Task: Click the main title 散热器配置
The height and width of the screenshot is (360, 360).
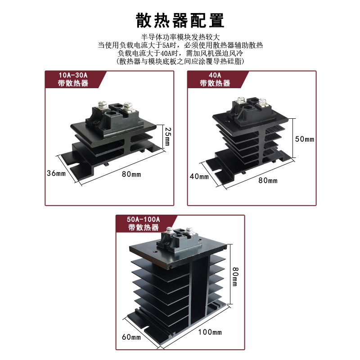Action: click(180, 21)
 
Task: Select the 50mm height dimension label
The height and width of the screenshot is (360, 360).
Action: click(304, 139)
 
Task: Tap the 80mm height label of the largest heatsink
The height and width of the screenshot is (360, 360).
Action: click(235, 275)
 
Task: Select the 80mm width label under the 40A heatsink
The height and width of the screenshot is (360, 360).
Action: click(268, 180)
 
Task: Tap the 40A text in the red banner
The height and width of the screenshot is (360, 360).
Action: click(215, 75)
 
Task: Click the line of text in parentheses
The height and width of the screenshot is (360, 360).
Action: click(180, 61)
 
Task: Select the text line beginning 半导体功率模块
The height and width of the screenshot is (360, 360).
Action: click(180, 37)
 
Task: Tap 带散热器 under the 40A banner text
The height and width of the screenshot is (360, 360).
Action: click(215, 83)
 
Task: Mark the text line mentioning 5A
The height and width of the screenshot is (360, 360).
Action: click(180, 45)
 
